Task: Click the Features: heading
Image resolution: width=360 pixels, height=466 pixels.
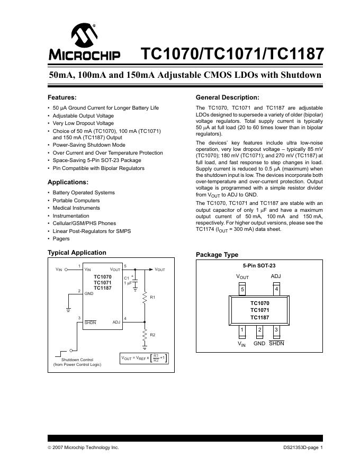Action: tap(62, 97)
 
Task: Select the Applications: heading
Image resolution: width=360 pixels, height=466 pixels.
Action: tap(68, 182)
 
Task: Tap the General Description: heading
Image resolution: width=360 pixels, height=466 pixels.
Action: tap(227, 97)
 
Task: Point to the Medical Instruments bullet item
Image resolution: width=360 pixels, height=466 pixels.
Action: tap(76, 208)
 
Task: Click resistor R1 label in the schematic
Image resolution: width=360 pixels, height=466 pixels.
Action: tap(153, 298)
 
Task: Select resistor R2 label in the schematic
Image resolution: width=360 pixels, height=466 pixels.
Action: tap(153, 335)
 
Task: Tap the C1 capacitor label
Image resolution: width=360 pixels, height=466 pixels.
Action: tap(126, 278)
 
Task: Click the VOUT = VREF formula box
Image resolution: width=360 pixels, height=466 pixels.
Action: tap(145, 358)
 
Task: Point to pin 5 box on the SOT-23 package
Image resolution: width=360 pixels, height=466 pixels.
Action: tap(242, 289)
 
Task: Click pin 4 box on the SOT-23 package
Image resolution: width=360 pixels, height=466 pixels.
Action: tap(276, 289)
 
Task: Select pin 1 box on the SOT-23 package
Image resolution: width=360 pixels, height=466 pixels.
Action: tap(242, 330)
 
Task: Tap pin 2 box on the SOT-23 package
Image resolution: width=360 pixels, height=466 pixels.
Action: tap(259, 330)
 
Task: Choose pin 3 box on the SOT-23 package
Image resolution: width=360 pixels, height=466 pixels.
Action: tap(276, 330)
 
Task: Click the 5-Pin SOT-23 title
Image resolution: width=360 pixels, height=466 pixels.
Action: tap(259, 265)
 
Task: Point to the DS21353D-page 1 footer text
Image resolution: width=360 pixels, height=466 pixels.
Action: tap(302, 447)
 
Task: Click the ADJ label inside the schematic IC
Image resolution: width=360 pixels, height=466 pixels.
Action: tap(116, 322)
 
